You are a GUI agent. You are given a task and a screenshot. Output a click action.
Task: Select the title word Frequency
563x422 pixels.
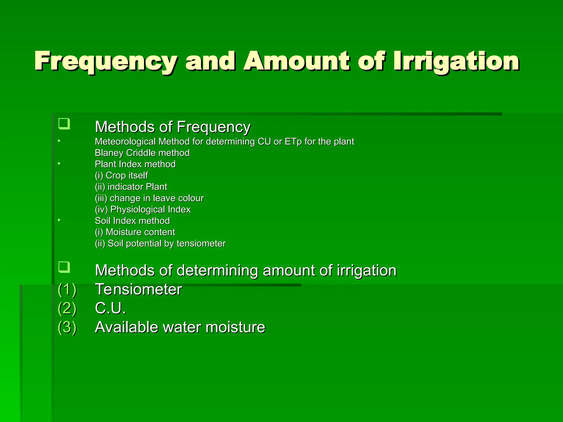106,62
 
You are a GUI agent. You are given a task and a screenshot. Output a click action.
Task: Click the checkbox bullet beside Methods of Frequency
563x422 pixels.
64,124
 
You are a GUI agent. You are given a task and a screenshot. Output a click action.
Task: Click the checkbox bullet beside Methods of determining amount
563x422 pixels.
64,267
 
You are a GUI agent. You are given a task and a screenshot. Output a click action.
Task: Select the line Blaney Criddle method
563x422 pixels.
142,153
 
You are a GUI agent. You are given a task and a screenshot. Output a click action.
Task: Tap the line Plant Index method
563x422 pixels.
135,164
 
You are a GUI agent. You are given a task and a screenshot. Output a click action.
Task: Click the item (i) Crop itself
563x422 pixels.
121,175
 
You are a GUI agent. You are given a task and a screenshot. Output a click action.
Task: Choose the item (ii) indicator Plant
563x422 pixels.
131,187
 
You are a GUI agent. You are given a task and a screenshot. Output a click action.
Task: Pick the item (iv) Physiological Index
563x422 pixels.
142,209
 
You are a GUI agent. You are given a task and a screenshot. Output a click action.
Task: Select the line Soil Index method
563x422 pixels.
132,221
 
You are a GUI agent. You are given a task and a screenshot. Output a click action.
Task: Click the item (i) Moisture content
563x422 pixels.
135,232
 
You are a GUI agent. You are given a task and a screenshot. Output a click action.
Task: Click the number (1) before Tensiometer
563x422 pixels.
67,290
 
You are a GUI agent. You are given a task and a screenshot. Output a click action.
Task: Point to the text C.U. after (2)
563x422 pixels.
110,308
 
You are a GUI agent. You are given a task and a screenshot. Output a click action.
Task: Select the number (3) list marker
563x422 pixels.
67,327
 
